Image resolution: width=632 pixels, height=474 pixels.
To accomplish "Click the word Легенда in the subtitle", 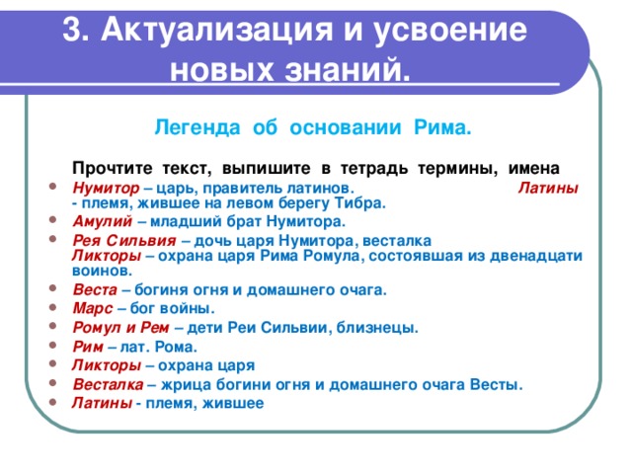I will click(191, 128).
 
